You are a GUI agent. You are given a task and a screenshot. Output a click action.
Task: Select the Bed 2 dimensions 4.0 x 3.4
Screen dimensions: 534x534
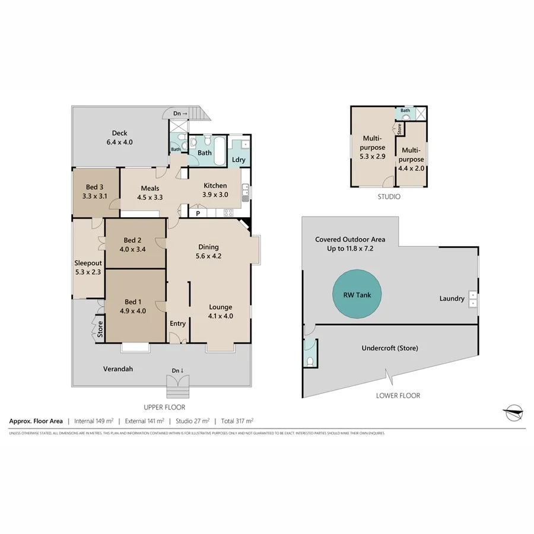pyautogui.click(x=132, y=249)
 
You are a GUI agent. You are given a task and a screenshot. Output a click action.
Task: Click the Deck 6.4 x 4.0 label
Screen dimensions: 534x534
pyautogui.click(x=119, y=138)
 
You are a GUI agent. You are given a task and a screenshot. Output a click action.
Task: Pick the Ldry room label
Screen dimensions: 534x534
pyautogui.click(x=239, y=160)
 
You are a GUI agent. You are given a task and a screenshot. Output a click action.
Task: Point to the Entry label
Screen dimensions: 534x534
pyautogui.click(x=177, y=323)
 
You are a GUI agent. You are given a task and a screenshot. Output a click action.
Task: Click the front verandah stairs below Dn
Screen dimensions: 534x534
pyautogui.click(x=179, y=389)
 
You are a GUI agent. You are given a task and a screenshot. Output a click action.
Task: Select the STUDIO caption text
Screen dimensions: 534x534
pyautogui.click(x=389, y=196)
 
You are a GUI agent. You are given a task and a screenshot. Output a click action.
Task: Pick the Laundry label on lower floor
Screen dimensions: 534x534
pyautogui.click(x=452, y=298)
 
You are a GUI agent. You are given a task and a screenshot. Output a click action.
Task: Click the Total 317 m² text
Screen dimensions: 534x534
pyautogui.click(x=237, y=421)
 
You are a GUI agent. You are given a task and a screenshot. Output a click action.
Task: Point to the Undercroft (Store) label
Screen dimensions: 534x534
pyautogui.click(x=390, y=348)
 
